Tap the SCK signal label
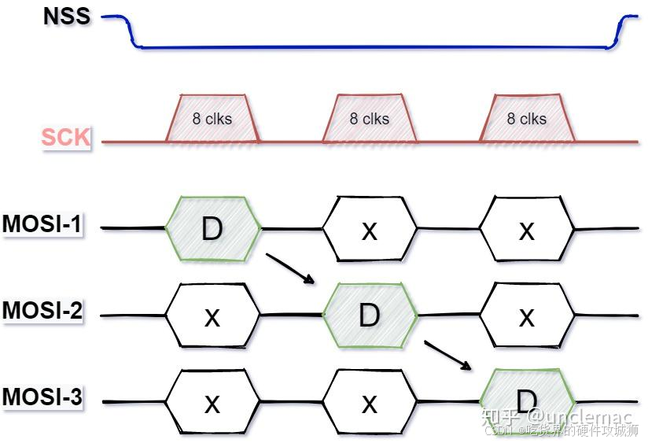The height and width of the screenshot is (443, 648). pos(66,138)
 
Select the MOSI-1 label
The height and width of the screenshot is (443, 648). pos(42,224)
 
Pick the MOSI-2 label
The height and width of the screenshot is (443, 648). pos(42,310)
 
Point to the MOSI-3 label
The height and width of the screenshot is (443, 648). pos(42,397)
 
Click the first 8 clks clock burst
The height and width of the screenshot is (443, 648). pos(212,119)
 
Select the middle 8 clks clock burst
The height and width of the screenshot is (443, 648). pos(370,119)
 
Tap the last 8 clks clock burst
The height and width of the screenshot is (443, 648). pos(527,119)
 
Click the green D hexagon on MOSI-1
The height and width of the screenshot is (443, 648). pos(212,229)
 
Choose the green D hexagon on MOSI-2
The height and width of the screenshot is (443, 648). pos(370,316)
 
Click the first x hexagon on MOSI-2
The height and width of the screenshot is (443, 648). pos(212,316)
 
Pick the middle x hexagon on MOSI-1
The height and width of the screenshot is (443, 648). pos(370,229)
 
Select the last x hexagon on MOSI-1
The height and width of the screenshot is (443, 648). pos(527,229)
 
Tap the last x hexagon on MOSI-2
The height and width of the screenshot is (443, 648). pos(527,316)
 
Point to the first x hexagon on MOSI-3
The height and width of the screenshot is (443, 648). pos(212,403)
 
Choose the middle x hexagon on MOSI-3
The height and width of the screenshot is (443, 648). pos(370,403)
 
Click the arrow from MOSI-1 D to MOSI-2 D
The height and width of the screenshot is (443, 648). pos(291,268)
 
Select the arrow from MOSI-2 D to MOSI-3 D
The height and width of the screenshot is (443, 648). pos(448,355)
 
